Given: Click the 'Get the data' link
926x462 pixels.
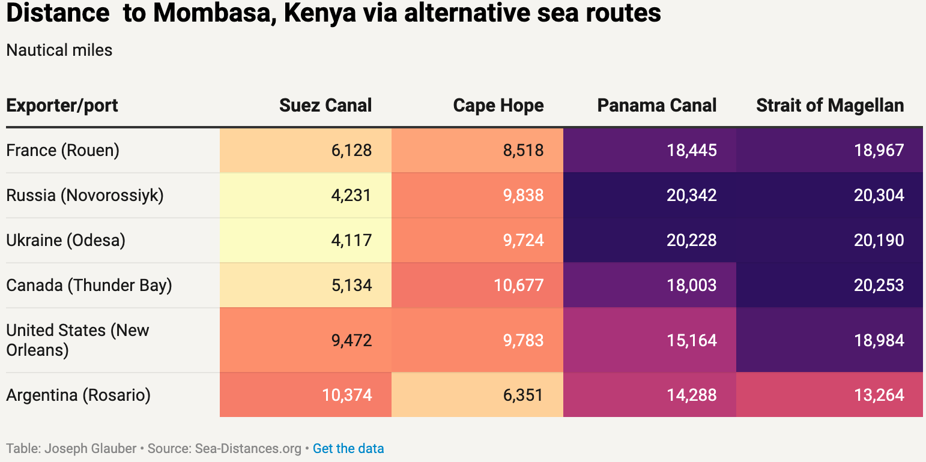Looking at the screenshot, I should coord(348,448).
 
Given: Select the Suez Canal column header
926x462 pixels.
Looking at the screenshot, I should coord(325,106).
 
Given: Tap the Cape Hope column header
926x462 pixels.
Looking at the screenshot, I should coord(498,106).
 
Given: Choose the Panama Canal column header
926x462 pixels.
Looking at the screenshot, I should coord(657,106).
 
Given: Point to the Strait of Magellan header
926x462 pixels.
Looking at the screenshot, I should coord(830,106).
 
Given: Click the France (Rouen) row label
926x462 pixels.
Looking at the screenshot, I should coord(63,150).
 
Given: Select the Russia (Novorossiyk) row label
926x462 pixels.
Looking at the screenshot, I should coord(85,195).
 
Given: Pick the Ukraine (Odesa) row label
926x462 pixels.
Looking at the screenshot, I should coord(66,240).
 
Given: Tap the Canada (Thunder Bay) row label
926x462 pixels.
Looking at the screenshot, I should coord(89,285).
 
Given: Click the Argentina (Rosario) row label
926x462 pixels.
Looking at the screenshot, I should coord(78,395).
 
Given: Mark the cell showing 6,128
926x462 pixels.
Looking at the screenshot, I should coord(351,150).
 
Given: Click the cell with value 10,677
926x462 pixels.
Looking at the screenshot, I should coord(518,285).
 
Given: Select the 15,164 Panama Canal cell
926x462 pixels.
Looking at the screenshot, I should coord(691,340).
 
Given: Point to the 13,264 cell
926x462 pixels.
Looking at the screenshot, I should coord(879,395).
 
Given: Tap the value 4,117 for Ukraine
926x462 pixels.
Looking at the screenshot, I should coord(351,240).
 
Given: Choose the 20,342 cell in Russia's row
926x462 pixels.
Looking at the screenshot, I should coord(691,195).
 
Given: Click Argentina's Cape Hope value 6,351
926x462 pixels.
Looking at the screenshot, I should coord(523,395).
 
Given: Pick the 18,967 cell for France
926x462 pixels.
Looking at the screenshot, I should coord(879,150).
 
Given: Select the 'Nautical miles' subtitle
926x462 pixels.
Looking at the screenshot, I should coord(59,50).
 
